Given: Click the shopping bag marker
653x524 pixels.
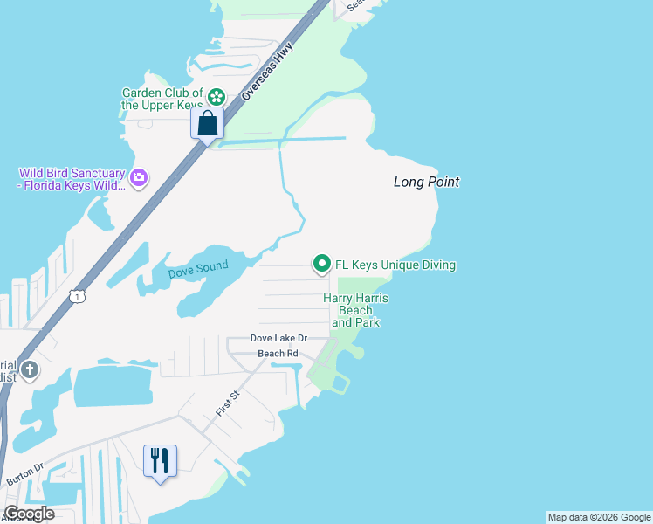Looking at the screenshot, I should click(x=207, y=122).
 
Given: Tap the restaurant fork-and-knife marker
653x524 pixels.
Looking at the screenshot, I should click(x=160, y=459).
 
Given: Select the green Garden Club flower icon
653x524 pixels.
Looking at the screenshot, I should click(x=217, y=97).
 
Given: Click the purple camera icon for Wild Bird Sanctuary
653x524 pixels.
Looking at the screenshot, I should click(x=138, y=178).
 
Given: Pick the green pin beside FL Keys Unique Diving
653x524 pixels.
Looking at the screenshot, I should click(x=321, y=263).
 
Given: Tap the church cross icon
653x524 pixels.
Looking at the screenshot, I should click(x=29, y=369).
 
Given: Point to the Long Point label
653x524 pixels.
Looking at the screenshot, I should click(x=426, y=182).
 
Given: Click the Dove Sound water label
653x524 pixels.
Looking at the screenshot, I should click(x=198, y=270).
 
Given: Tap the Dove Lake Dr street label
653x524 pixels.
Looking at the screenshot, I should click(x=278, y=338).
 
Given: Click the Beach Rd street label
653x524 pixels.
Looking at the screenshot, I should click(x=278, y=353).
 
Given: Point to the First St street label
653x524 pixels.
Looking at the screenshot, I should click(x=226, y=404).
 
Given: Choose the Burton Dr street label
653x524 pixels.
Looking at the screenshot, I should click(x=24, y=481).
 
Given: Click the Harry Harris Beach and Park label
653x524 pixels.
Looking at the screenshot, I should click(x=355, y=310).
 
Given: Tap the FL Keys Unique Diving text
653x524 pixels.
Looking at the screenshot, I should click(x=395, y=265).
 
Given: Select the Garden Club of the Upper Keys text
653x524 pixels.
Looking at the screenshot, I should click(x=162, y=99).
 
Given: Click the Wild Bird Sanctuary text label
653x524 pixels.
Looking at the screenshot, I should click(x=72, y=179).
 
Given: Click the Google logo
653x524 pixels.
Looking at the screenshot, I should click(x=28, y=514).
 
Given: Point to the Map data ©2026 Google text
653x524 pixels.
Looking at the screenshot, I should click(x=599, y=517).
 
